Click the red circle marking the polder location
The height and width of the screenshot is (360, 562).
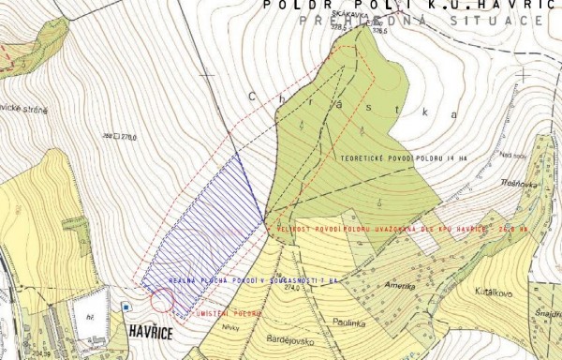162,300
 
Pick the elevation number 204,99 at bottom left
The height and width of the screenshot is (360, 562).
40,354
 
